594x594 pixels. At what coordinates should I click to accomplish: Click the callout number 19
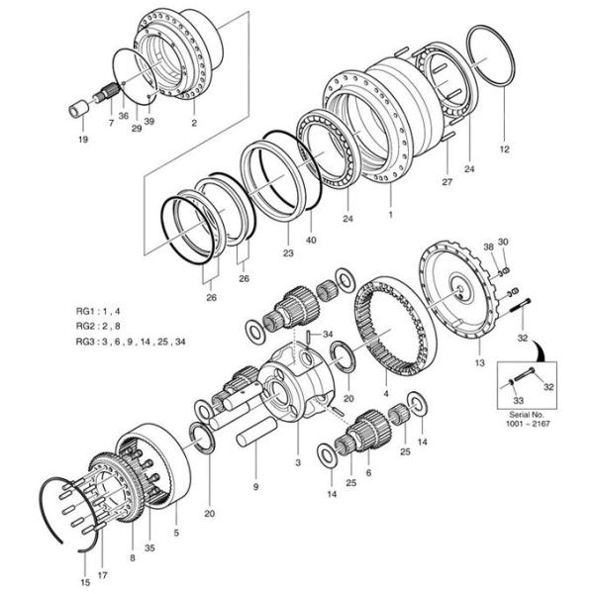(82, 140)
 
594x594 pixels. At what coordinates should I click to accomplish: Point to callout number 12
(504, 149)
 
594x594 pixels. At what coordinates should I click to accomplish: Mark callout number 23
(288, 253)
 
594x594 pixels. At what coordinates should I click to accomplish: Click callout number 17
(103, 575)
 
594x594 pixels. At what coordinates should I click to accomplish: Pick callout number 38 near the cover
(487, 247)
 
